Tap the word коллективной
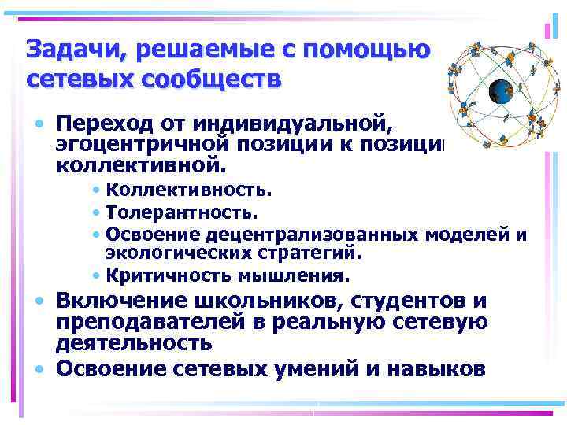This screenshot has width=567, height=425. tap(140, 167)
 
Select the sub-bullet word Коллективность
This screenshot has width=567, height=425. tap(189, 190)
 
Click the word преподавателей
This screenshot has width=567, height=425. tap(150, 323)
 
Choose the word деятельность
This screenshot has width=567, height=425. tap(134, 343)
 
